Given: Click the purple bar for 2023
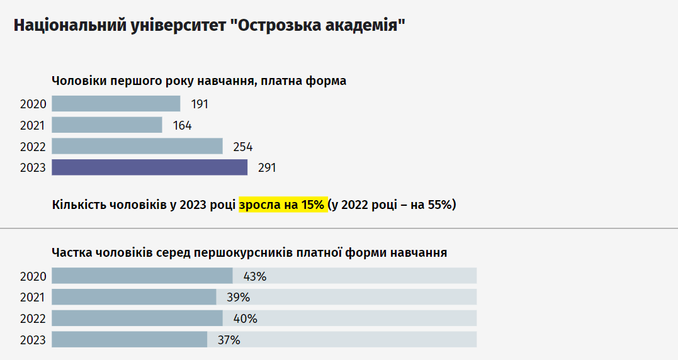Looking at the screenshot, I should pyautogui.click(x=149, y=167).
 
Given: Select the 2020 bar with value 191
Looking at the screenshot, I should pyautogui.click(x=116, y=104).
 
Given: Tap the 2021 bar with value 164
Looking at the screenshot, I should pyautogui.click(x=106, y=125).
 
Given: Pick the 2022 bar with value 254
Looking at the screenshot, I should pyautogui.click(x=137, y=147).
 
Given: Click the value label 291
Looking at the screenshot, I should pyautogui.click(x=267, y=168).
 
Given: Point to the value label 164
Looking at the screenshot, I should pyautogui.click(x=182, y=126).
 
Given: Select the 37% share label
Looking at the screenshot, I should pyautogui.click(x=229, y=340).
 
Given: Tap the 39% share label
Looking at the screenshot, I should pyautogui.click(x=238, y=298).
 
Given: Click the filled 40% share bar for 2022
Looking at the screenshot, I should pyautogui.click(x=137, y=318).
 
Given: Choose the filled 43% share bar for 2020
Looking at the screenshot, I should pyautogui.click(x=142, y=276).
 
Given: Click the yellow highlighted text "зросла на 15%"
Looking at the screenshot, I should pyautogui.click(x=283, y=205).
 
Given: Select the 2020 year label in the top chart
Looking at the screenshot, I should pyautogui.click(x=33, y=104).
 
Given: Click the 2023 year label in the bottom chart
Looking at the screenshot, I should pyautogui.click(x=33, y=340).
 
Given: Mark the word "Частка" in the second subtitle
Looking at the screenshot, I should pyautogui.click(x=72, y=252).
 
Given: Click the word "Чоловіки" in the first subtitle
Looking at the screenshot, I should pyautogui.click(x=79, y=81).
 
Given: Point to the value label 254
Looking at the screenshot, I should pyautogui.click(x=242, y=147).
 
